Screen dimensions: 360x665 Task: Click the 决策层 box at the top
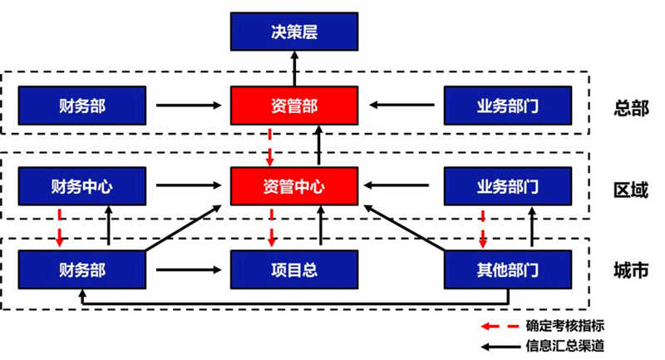[x=294, y=34]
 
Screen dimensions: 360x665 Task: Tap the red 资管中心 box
[x=294, y=187]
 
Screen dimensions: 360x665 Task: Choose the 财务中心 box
[x=81, y=187]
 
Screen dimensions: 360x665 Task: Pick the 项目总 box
[x=294, y=269]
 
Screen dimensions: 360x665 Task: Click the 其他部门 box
[x=508, y=269]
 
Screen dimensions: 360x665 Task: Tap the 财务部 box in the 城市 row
[x=81, y=269]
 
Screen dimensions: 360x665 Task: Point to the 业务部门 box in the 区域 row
[x=508, y=187]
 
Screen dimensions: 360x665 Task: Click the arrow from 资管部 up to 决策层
[x=294, y=69]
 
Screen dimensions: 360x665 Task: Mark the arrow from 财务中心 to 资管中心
[x=190, y=187]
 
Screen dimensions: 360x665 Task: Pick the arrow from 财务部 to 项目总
[x=190, y=269]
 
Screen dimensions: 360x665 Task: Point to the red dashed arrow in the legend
[x=501, y=326]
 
